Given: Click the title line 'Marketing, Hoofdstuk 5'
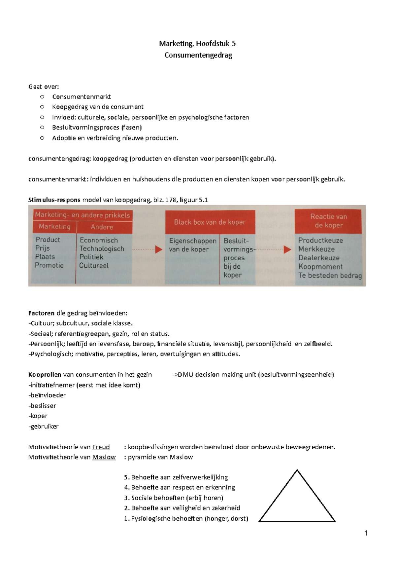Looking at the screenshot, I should pyautogui.click(x=197, y=44).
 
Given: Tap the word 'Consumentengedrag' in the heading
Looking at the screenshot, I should pyautogui.click(x=198, y=55).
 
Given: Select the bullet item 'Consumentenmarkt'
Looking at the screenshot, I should pyautogui.click(x=81, y=97).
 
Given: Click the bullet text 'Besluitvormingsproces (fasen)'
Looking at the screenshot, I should pyautogui.click(x=97, y=128).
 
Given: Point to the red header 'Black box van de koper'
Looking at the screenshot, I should pyautogui.click(x=210, y=222).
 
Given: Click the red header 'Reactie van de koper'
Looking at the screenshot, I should pyautogui.click(x=328, y=221).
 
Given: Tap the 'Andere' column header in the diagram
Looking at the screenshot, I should pyautogui.click(x=102, y=227).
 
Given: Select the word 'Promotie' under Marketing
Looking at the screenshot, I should pyautogui.click(x=49, y=265).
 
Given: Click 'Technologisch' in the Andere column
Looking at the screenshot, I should pyautogui.click(x=102, y=249).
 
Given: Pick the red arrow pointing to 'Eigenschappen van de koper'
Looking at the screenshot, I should pyautogui.click(x=159, y=249).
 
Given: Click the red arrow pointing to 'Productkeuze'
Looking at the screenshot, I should pyautogui.click(x=287, y=249).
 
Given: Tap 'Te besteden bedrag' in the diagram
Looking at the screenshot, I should pyautogui.click(x=330, y=276).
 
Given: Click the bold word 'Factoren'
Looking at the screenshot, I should pyautogui.click(x=41, y=313).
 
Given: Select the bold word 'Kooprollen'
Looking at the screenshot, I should pyautogui.click(x=45, y=375).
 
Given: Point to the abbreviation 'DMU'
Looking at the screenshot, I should pyautogui.click(x=185, y=375).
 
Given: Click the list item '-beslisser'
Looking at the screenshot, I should pyautogui.click(x=42, y=406).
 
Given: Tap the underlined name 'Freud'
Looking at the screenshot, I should pyautogui.click(x=101, y=447).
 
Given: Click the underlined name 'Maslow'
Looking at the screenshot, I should pyautogui.click(x=104, y=457).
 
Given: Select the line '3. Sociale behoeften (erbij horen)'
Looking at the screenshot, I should pyautogui.click(x=174, y=498).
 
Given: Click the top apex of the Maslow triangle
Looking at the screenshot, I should pyautogui.click(x=297, y=470).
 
